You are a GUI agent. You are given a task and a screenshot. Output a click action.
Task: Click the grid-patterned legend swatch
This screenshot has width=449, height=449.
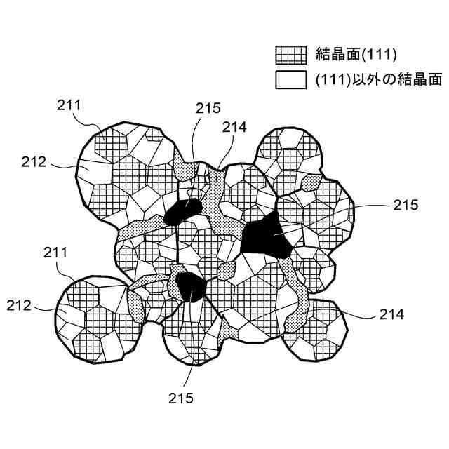point(290,55)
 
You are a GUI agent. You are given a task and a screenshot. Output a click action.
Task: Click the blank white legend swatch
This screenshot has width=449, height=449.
point(290,79)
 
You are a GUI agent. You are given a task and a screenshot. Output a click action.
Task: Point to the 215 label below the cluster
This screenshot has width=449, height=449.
point(181,398)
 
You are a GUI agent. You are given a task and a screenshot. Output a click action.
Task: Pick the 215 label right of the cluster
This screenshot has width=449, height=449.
point(405,206)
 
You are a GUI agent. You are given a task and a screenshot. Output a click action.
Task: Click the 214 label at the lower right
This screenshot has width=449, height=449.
point(391,315)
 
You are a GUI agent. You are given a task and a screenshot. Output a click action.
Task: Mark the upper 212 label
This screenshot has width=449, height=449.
point(34,162)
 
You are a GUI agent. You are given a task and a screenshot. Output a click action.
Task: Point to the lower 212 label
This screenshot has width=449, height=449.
point(20,305)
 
